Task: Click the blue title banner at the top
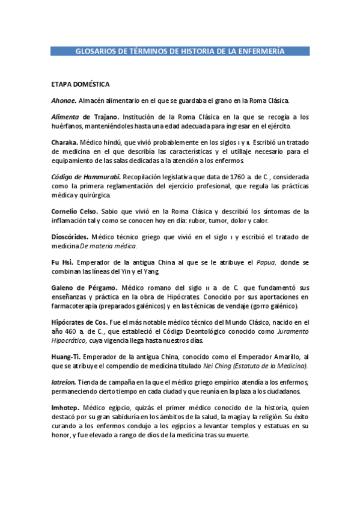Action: (x=180, y=52)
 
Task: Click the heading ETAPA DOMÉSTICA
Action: (x=80, y=84)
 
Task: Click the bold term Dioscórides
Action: (x=71, y=237)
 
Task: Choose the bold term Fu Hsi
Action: (x=61, y=263)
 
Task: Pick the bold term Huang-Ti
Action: (x=66, y=357)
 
